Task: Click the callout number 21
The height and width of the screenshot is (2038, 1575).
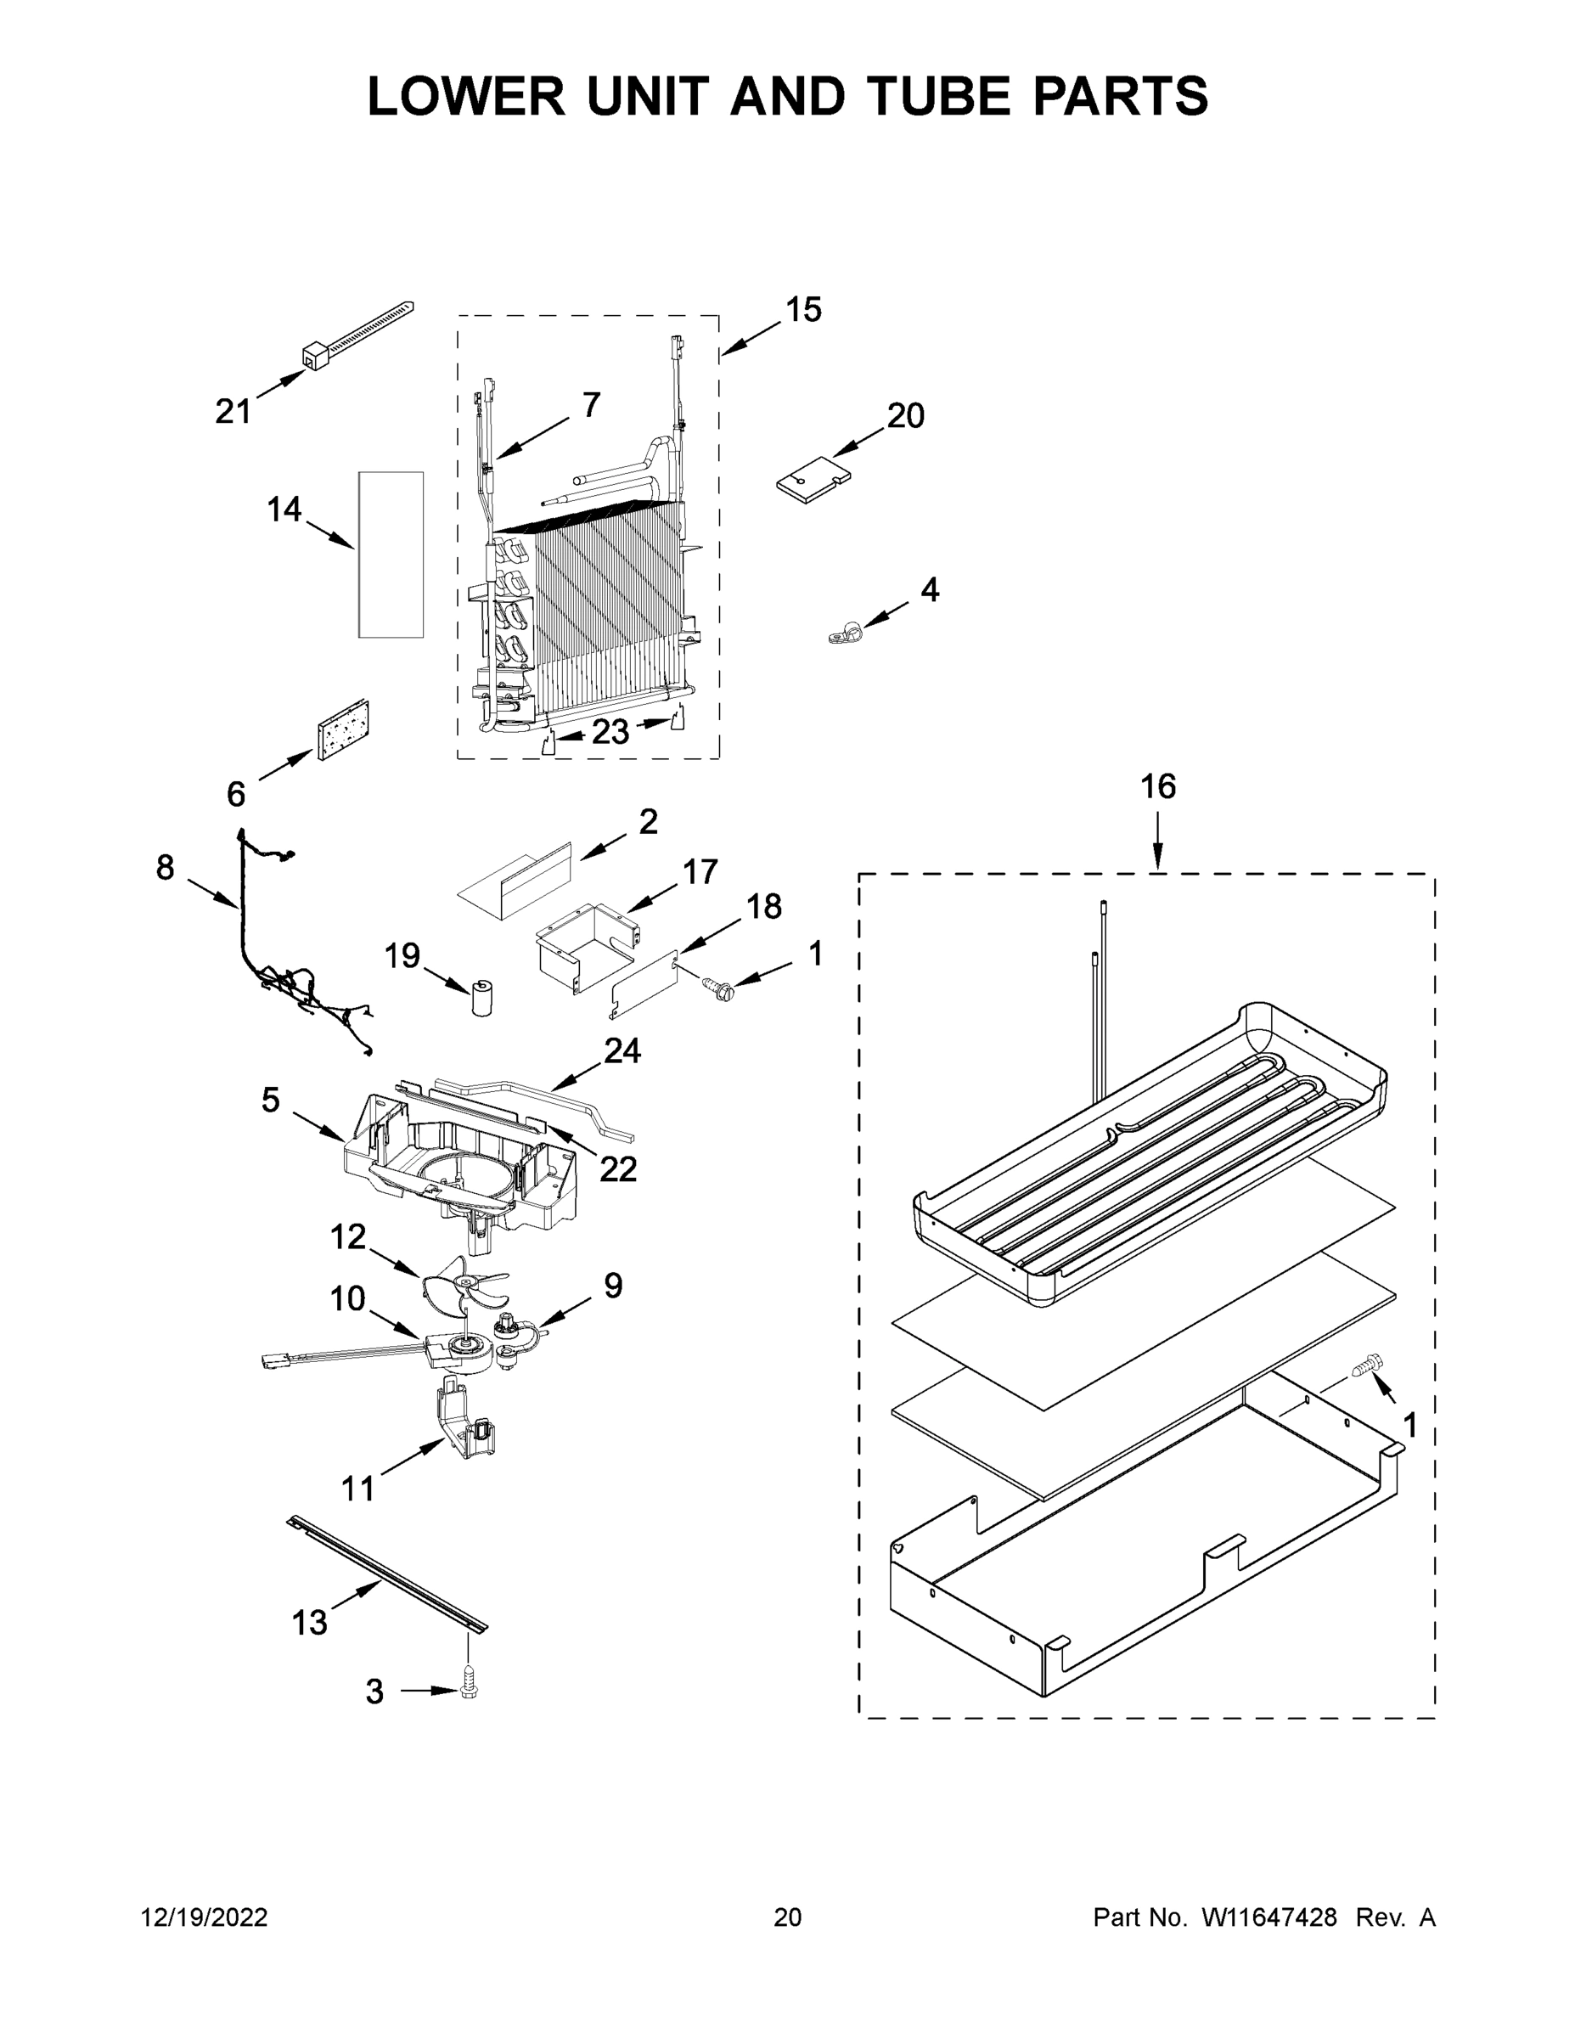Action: (233, 411)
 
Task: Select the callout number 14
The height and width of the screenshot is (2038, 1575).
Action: (284, 509)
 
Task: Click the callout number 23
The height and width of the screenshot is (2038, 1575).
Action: (610, 733)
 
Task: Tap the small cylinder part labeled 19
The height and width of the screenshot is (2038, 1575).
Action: (482, 999)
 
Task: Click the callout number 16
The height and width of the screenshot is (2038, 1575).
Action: (1158, 786)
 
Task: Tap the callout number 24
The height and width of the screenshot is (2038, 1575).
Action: (622, 1050)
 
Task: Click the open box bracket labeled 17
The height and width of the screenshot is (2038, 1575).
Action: (583, 947)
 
